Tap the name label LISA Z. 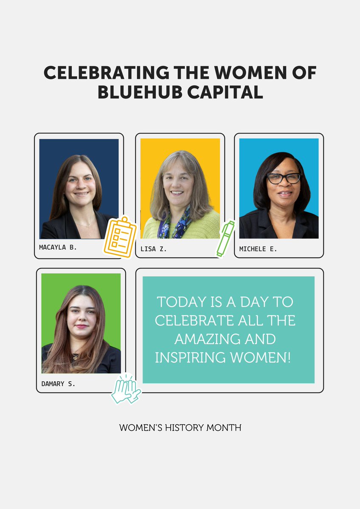click(x=154, y=249)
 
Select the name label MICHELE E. click(x=258, y=249)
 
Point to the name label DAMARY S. click(x=58, y=384)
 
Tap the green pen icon click(x=225, y=238)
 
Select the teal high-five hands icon click(x=126, y=389)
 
